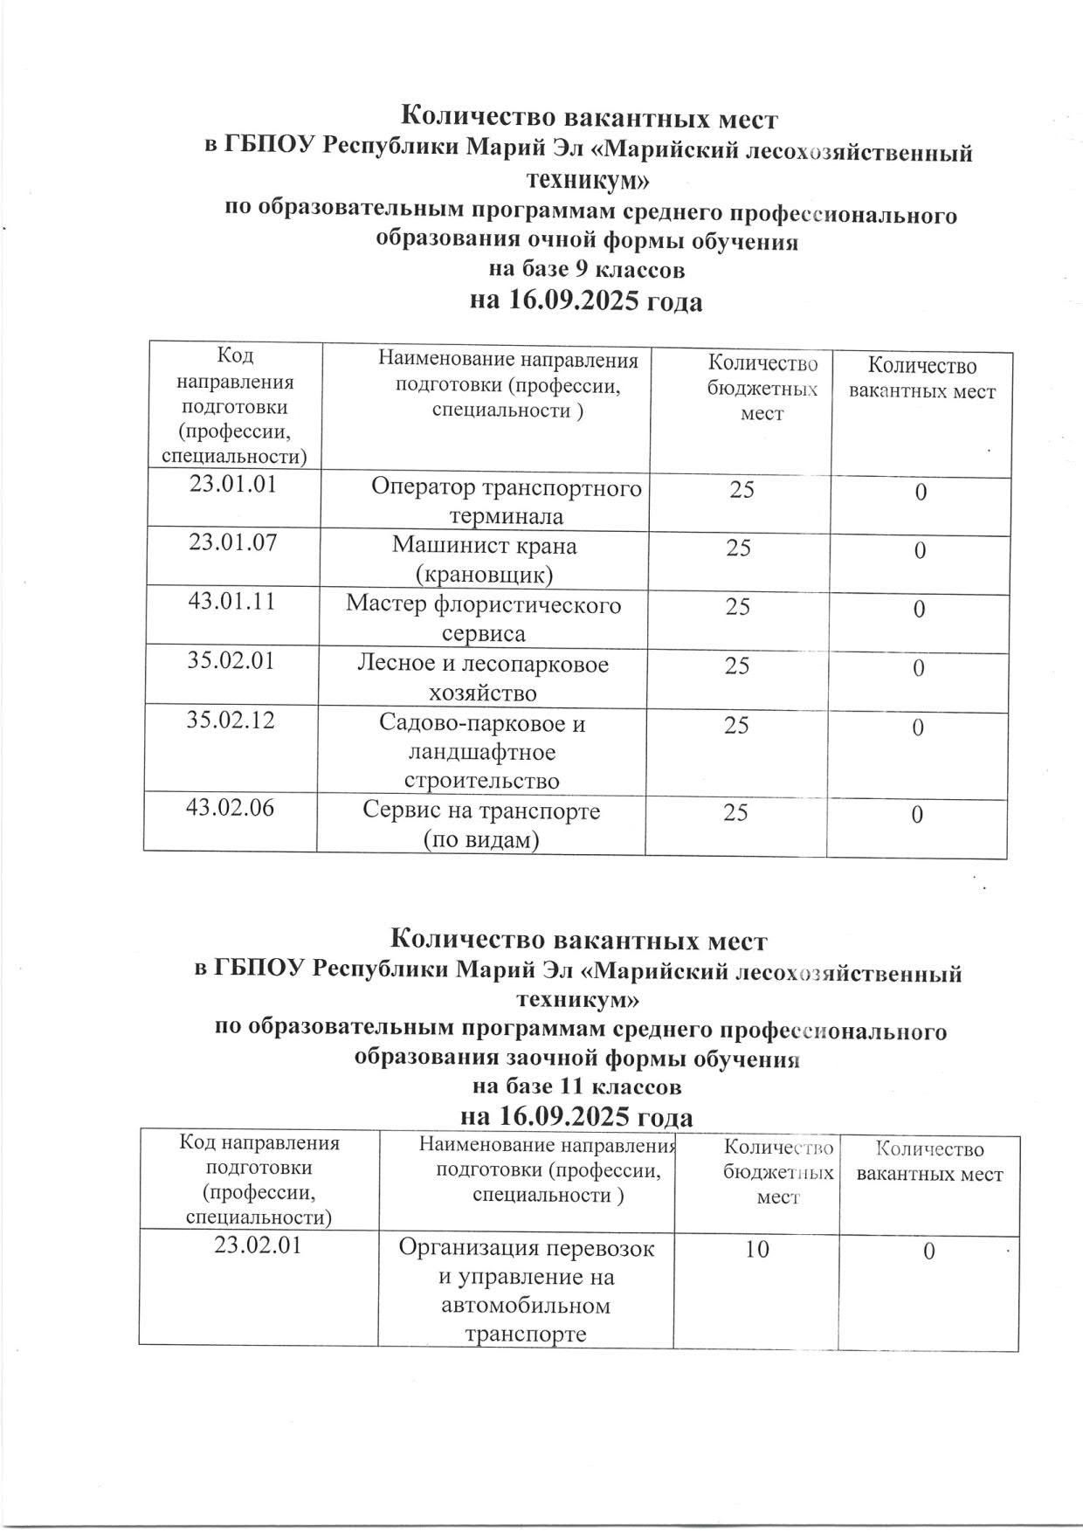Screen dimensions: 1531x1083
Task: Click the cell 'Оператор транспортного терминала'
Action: click(x=507, y=501)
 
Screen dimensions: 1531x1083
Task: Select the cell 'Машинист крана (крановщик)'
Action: click(x=484, y=560)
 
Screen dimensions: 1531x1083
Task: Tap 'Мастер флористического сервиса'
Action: click(x=484, y=618)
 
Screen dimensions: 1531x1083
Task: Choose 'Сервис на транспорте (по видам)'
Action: click(x=481, y=824)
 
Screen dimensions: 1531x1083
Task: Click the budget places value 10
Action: click(x=757, y=1250)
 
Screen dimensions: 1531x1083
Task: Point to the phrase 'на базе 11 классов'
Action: click(x=576, y=1087)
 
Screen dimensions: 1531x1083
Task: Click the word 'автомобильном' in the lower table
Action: click(x=526, y=1306)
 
